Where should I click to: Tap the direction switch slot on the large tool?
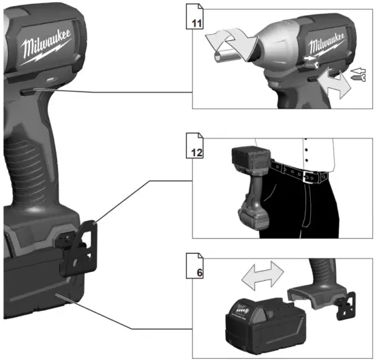tap(25, 89)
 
